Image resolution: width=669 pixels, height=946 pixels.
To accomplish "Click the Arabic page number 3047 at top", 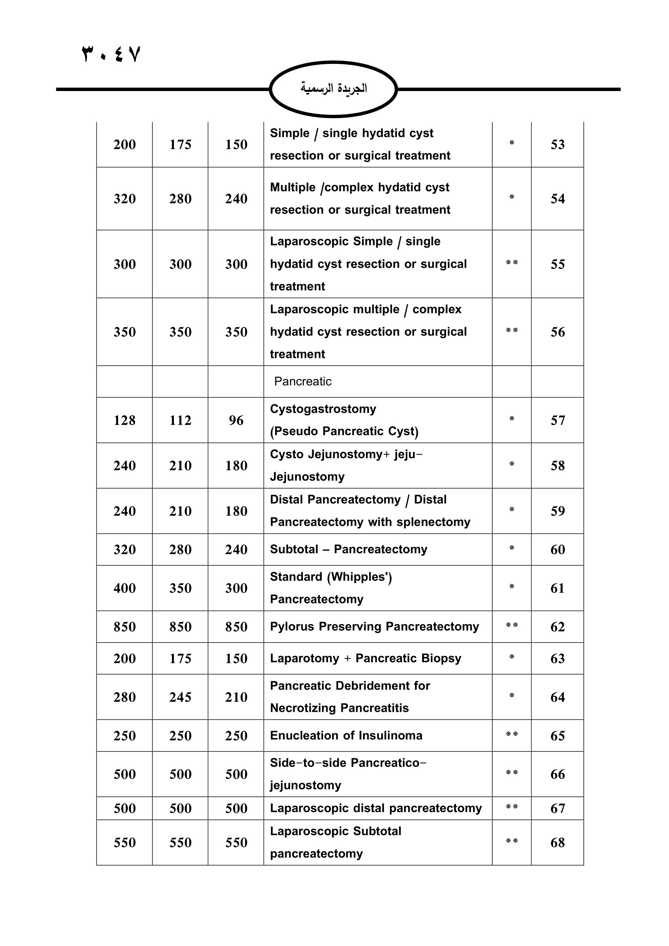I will coord(112,54).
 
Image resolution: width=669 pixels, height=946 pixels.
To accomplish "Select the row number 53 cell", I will coord(557,145).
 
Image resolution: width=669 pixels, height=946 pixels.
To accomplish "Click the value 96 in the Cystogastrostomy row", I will coord(236,420).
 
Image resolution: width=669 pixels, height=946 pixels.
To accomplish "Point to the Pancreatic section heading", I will coord(303,381).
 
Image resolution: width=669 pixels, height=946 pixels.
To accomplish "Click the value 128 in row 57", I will coord(125,420).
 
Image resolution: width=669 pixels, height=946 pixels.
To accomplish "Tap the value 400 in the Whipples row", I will coord(125,588).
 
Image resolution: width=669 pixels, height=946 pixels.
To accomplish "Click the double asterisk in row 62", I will coord(512,625).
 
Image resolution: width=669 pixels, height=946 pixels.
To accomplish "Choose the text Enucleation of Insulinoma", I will coord(346,735).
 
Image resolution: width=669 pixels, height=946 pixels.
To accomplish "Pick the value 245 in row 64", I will coord(180,697).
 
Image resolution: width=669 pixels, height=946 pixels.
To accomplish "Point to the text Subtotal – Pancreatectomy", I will coord(349,549).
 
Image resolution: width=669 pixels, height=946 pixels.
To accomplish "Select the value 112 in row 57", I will coord(180,420).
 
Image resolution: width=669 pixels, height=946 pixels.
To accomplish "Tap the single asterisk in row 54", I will coord(512,197).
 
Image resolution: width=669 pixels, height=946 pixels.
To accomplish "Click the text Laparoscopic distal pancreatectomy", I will coord(376,808).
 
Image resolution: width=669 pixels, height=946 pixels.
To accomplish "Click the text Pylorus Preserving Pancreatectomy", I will coord(375,626).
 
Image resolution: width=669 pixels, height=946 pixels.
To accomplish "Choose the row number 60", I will coord(557,550).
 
